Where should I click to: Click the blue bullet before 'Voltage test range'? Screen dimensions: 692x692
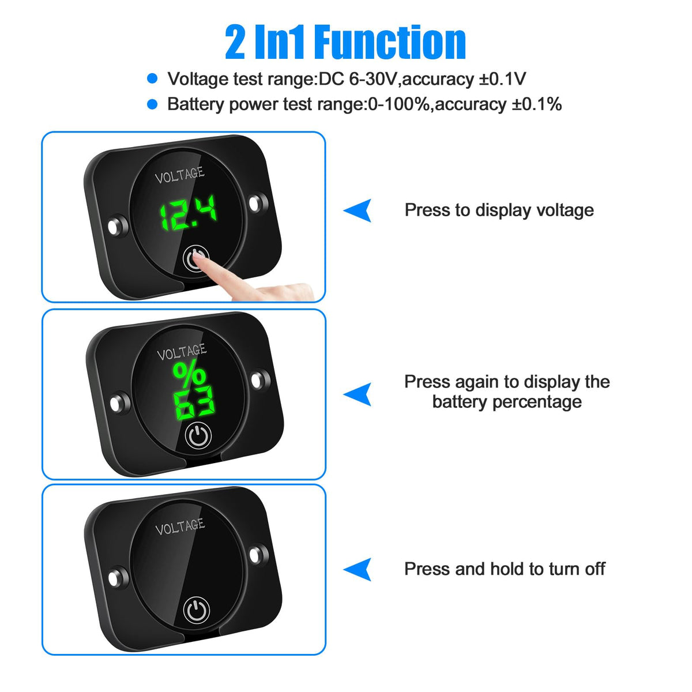[x=153, y=78]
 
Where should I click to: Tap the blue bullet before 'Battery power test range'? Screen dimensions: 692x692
[x=153, y=104]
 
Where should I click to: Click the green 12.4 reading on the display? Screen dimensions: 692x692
[x=188, y=212]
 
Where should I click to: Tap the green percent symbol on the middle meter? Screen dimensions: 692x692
[x=189, y=375]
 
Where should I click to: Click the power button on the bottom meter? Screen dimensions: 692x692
[x=197, y=610]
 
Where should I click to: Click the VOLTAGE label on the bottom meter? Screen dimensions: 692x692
[x=180, y=526]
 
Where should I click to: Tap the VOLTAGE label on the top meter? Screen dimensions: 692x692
[x=180, y=175]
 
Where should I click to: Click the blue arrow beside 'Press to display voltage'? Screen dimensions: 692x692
[x=358, y=210]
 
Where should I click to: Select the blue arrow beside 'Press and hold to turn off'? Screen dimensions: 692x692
[x=358, y=569]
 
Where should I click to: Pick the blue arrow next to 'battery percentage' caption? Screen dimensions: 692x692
[x=358, y=394]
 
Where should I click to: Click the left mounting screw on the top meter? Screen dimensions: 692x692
[x=118, y=227]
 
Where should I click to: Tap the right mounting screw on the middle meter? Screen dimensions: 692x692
[x=260, y=380]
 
